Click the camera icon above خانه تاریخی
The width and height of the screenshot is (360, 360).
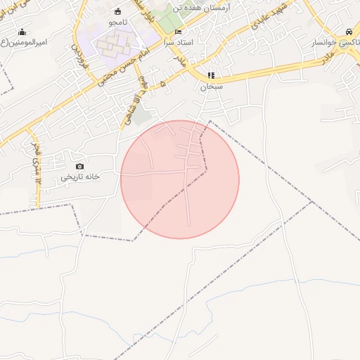[79, 166]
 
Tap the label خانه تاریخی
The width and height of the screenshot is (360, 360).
[79, 176]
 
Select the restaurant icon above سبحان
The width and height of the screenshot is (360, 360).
[210, 75]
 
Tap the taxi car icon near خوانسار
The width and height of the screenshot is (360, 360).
[349, 32]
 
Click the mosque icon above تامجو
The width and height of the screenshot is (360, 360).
[117, 11]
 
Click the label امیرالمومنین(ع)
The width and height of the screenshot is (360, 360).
[24, 42]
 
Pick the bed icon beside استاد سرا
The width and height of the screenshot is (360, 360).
[178, 32]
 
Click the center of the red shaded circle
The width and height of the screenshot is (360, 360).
[180, 179]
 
